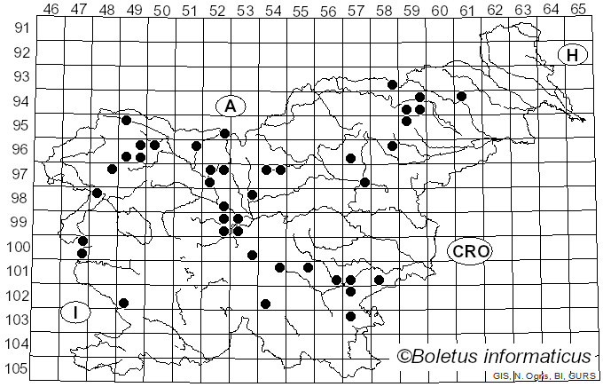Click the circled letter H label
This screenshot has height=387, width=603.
coord(573,55)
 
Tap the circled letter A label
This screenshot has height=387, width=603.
coord(230,107)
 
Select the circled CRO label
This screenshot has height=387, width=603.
coord(470,251)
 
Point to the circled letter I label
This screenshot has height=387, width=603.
coord(76,312)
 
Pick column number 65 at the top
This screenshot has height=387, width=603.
coord(578,9)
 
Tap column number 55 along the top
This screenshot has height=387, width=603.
coord(301,9)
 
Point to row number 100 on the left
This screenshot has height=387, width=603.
coord(18,246)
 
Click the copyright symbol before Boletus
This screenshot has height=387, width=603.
coord(403,357)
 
